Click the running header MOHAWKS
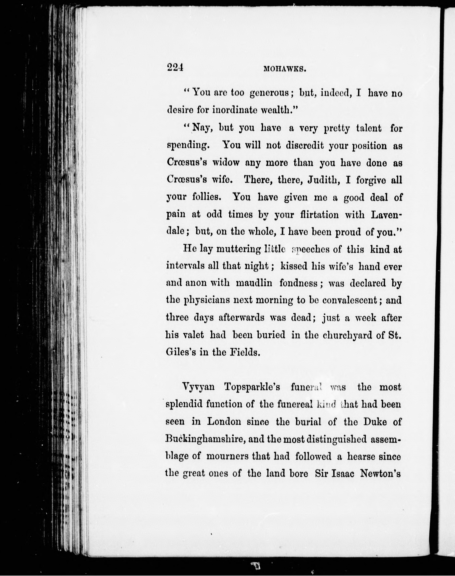point(284,69)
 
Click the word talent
point(369,128)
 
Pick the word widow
point(226,163)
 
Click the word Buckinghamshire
point(205,439)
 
